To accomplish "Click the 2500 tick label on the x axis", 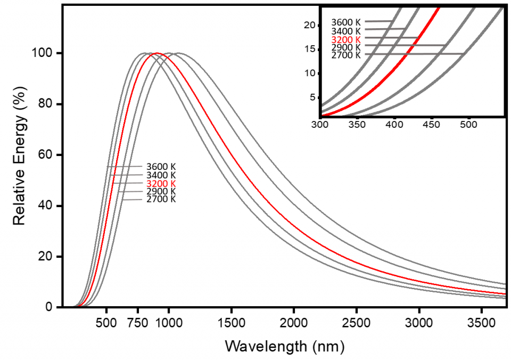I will tap(356, 323).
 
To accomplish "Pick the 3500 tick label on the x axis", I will tap(481, 323).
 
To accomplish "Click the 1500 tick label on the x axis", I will tap(231, 323).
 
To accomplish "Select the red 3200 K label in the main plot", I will tap(161, 184).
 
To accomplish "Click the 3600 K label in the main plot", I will tap(161, 167).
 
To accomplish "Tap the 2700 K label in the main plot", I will tap(161, 199).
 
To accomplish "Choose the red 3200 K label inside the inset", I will tap(346, 39).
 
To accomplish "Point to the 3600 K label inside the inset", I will tap(346, 22).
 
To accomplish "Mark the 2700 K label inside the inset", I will tap(346, 55).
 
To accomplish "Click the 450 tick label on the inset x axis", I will tap(432, 124).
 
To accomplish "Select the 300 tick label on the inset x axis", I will tap(320, 124).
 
